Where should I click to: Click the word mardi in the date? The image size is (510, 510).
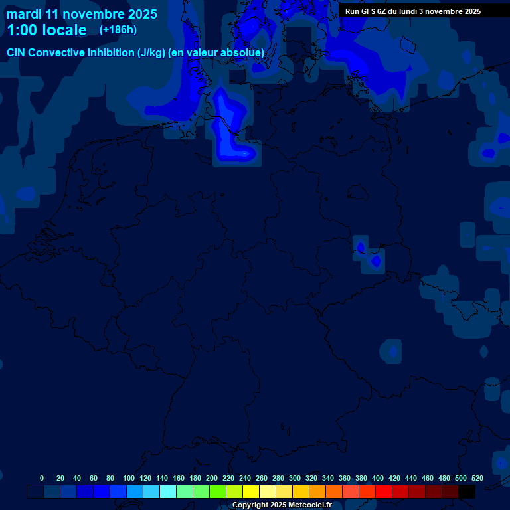pyautogui.click(x=23, y=14)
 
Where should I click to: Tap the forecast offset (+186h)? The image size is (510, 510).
pyautogui.click(x=118, y=30)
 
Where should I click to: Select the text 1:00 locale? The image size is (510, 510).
pyautogui.click(x=46, y=30)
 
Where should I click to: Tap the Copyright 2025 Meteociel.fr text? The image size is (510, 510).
pyautogui.click(x=282, y=505)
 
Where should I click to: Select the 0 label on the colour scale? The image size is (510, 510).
pyautogui.click(x=42, y=478)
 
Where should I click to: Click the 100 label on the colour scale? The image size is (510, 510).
pyautogui.click(x=129, y=478)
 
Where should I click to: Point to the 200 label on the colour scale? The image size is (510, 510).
pyautogui.click(x=212, y=478)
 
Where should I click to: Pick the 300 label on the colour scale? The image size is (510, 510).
pyautogui.click(x=295, y=478)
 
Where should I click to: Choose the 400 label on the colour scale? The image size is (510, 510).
pyautogui.click(x=378, y=478)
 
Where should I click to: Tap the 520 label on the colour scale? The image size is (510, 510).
pyautogui.click(x=477, y=478)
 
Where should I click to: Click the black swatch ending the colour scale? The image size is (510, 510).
pyautogui.click(x=467, y=492)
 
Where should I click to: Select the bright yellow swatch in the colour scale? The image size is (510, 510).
pyautogui.click(x=251, y=492)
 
